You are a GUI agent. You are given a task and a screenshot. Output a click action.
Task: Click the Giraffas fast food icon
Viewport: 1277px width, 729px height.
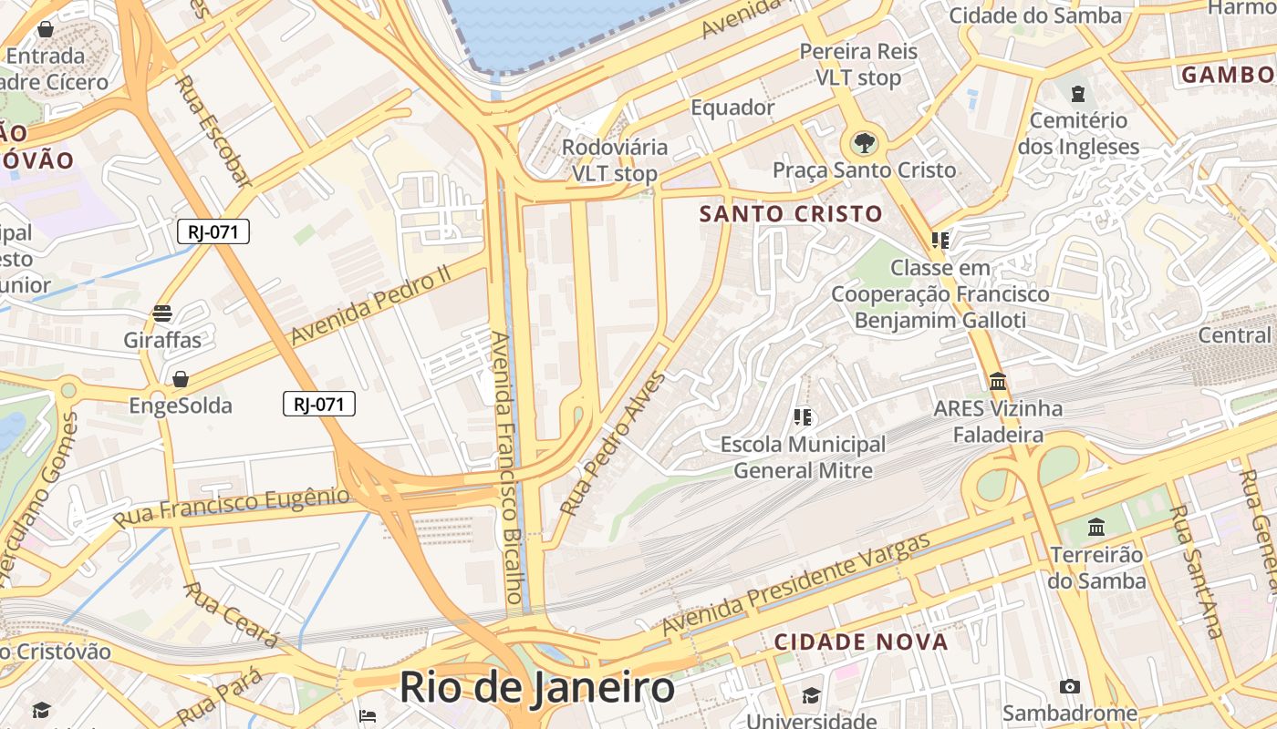click(162, 313)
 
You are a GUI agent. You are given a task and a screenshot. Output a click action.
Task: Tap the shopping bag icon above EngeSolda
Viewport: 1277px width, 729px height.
click(181, 378)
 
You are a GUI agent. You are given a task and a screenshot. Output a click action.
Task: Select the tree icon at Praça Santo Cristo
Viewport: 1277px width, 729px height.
click(863, 142)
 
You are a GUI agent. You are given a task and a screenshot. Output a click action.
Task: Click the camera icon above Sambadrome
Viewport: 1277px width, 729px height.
click(1070, 686)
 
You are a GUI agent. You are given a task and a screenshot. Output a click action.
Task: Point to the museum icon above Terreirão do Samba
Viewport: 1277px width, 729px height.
click(1096, 527)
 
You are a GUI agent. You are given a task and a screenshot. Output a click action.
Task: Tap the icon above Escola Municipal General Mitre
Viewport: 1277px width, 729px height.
click(803, 417)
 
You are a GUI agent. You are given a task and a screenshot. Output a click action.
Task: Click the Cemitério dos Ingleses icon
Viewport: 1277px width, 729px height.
click(1078, 93)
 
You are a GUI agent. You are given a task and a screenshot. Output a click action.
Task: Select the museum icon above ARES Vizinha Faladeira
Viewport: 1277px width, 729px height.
click(998, 381)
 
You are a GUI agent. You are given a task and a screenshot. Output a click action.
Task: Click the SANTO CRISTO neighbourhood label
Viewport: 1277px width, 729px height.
click(791, 214)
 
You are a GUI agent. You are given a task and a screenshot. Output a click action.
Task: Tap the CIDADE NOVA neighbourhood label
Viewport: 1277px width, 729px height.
click(861, 642)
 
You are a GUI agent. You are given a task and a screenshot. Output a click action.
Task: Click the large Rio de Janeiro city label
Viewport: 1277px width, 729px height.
click(537, 688)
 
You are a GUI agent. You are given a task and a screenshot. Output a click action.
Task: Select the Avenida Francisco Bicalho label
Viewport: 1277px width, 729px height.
click(508, 467)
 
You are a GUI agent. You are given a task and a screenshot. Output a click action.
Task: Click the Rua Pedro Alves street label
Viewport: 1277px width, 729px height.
click(613, 443)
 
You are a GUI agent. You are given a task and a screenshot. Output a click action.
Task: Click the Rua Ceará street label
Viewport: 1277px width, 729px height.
click(232, 615)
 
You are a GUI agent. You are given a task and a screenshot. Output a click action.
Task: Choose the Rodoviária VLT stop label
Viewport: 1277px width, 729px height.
click(614, 159)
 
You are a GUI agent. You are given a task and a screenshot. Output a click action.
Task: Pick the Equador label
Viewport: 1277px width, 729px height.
click(732, 108)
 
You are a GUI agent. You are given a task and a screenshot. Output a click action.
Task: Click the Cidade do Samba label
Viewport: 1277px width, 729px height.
click(1035, 15)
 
